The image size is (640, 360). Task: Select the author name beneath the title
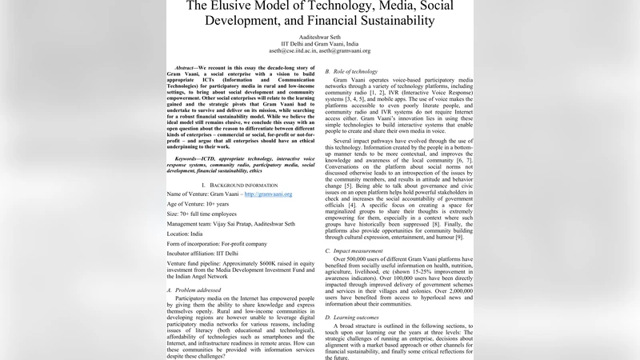pyautogui.click(x=319, y=36)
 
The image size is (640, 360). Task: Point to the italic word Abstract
pyautogui.click(x=185, y=67)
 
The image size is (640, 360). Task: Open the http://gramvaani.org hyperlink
pyautogui.click(x=269, y=194)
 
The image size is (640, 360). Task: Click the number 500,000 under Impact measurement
pyautogui.click(x=358, y=260)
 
